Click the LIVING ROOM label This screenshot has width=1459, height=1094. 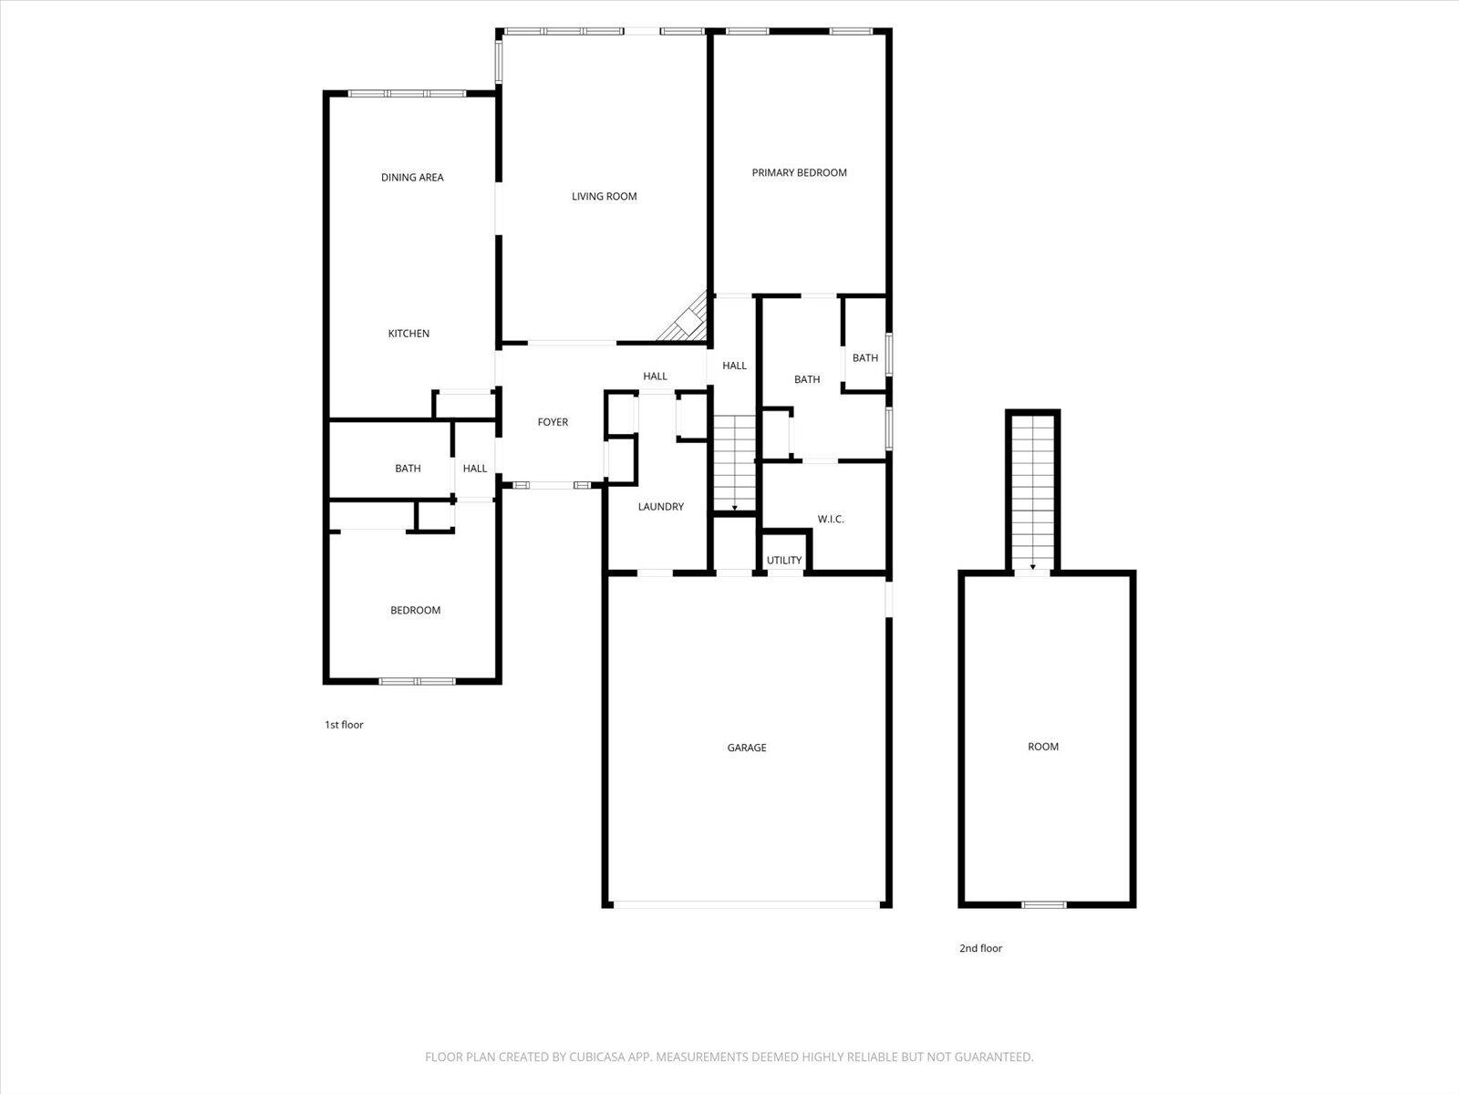[x=604, y=196]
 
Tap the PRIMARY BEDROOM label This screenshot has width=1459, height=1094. [x=799, y=172]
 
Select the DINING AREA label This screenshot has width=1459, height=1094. [x=412, y=178]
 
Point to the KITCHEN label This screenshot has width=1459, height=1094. [x=409, y=334]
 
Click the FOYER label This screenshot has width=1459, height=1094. [x=553, y=422]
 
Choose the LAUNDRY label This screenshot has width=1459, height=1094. [x=660, y=507]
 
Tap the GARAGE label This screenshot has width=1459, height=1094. [x=746, y=748]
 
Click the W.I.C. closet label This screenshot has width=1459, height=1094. [x=830, y=520]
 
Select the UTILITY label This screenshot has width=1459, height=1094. [x=784, y=561]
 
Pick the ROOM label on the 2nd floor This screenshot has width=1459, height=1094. [x=1043, y=747]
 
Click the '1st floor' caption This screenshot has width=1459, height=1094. [x=344, y=725]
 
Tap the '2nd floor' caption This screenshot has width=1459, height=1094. [x=980, y=948]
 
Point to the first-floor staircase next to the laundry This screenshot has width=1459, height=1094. [x=734, y=461]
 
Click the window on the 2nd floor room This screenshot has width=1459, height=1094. [x=1043, y=904]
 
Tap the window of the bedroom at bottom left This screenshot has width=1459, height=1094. [x=417, y=681]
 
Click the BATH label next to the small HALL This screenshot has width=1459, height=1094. [x=408, y=469]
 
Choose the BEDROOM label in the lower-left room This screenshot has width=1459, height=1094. [x=415, y=611]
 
